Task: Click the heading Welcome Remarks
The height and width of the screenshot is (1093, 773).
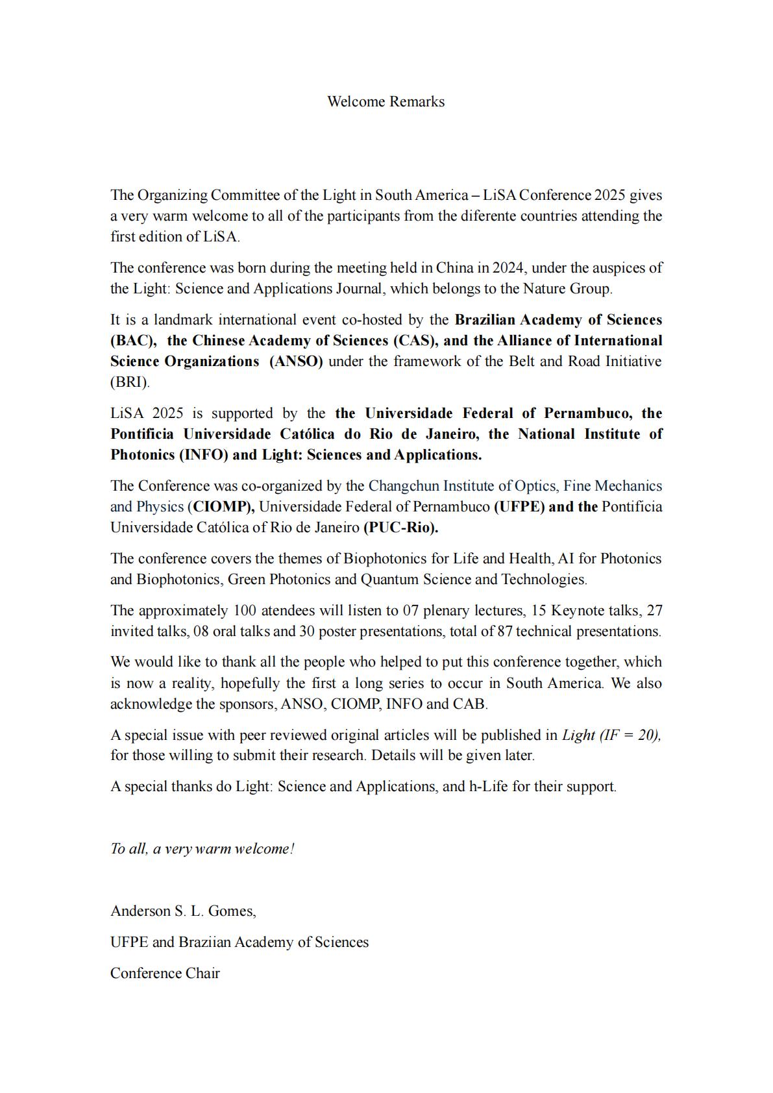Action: point(386,102)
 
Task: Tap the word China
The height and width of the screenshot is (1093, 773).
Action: point(454,268)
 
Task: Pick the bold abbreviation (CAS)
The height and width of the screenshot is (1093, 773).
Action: point(415,341)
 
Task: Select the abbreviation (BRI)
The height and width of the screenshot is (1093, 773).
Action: point(130,382)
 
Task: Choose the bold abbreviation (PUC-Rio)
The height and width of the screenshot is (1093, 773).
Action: point(400,528)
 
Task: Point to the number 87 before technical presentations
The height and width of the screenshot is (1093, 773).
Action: point(505,632)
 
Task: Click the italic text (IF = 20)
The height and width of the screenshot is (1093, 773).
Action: point(630,735)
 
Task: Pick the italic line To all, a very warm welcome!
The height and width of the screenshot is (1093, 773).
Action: point(202,849)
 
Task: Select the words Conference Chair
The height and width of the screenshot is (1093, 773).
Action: point(165,974)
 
